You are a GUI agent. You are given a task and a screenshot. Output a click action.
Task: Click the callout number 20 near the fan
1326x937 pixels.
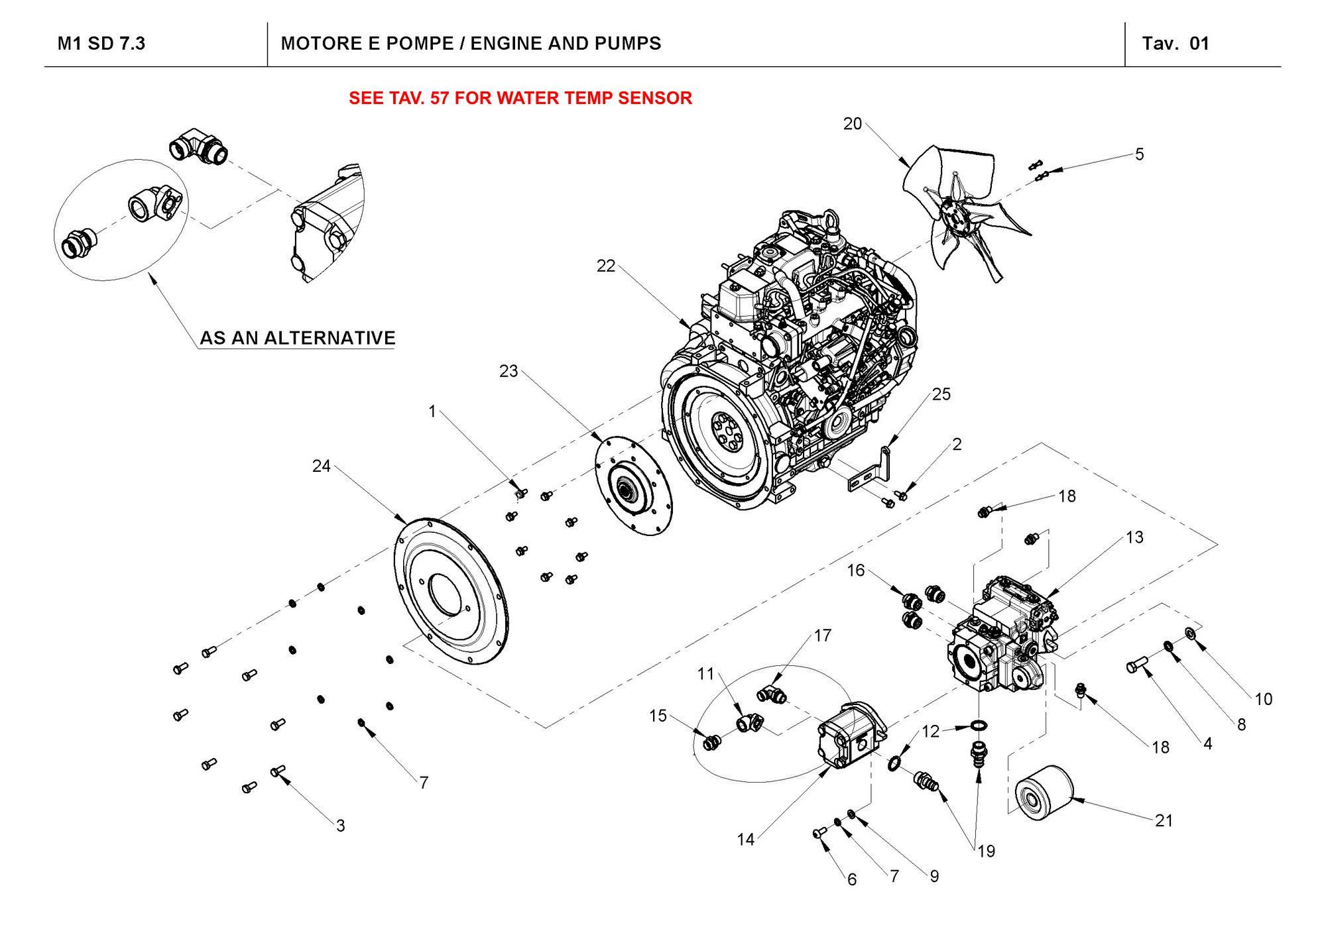point(852,124)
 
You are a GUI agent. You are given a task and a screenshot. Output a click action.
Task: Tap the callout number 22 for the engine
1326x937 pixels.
point(606,266)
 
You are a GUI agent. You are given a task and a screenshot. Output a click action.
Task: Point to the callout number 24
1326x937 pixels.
point(322,467)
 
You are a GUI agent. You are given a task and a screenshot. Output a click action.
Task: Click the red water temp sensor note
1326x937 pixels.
point(520,98)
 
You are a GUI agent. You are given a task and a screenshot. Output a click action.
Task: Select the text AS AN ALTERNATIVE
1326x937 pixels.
point(298,338)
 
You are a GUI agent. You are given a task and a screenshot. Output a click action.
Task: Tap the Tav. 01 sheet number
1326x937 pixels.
point(1175,44)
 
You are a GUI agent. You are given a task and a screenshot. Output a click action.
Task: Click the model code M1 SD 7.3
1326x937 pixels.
point(101,44)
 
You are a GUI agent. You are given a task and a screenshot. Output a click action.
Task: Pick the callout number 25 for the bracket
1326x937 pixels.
point(941,394)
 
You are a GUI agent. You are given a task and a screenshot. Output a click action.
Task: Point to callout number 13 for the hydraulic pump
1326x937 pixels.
point(1134,537)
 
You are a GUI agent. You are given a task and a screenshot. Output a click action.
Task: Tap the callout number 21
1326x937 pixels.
point(1164,820)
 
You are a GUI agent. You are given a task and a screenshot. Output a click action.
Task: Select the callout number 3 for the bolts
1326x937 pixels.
point(341,826)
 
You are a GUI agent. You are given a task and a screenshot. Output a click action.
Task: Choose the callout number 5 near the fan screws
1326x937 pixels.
point(1139,154)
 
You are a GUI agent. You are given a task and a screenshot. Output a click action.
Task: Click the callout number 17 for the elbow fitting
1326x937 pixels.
point(822,635)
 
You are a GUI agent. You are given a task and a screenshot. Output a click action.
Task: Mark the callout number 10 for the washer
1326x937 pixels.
point(1264,699)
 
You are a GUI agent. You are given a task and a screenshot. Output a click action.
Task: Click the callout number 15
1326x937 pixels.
point(658,716)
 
